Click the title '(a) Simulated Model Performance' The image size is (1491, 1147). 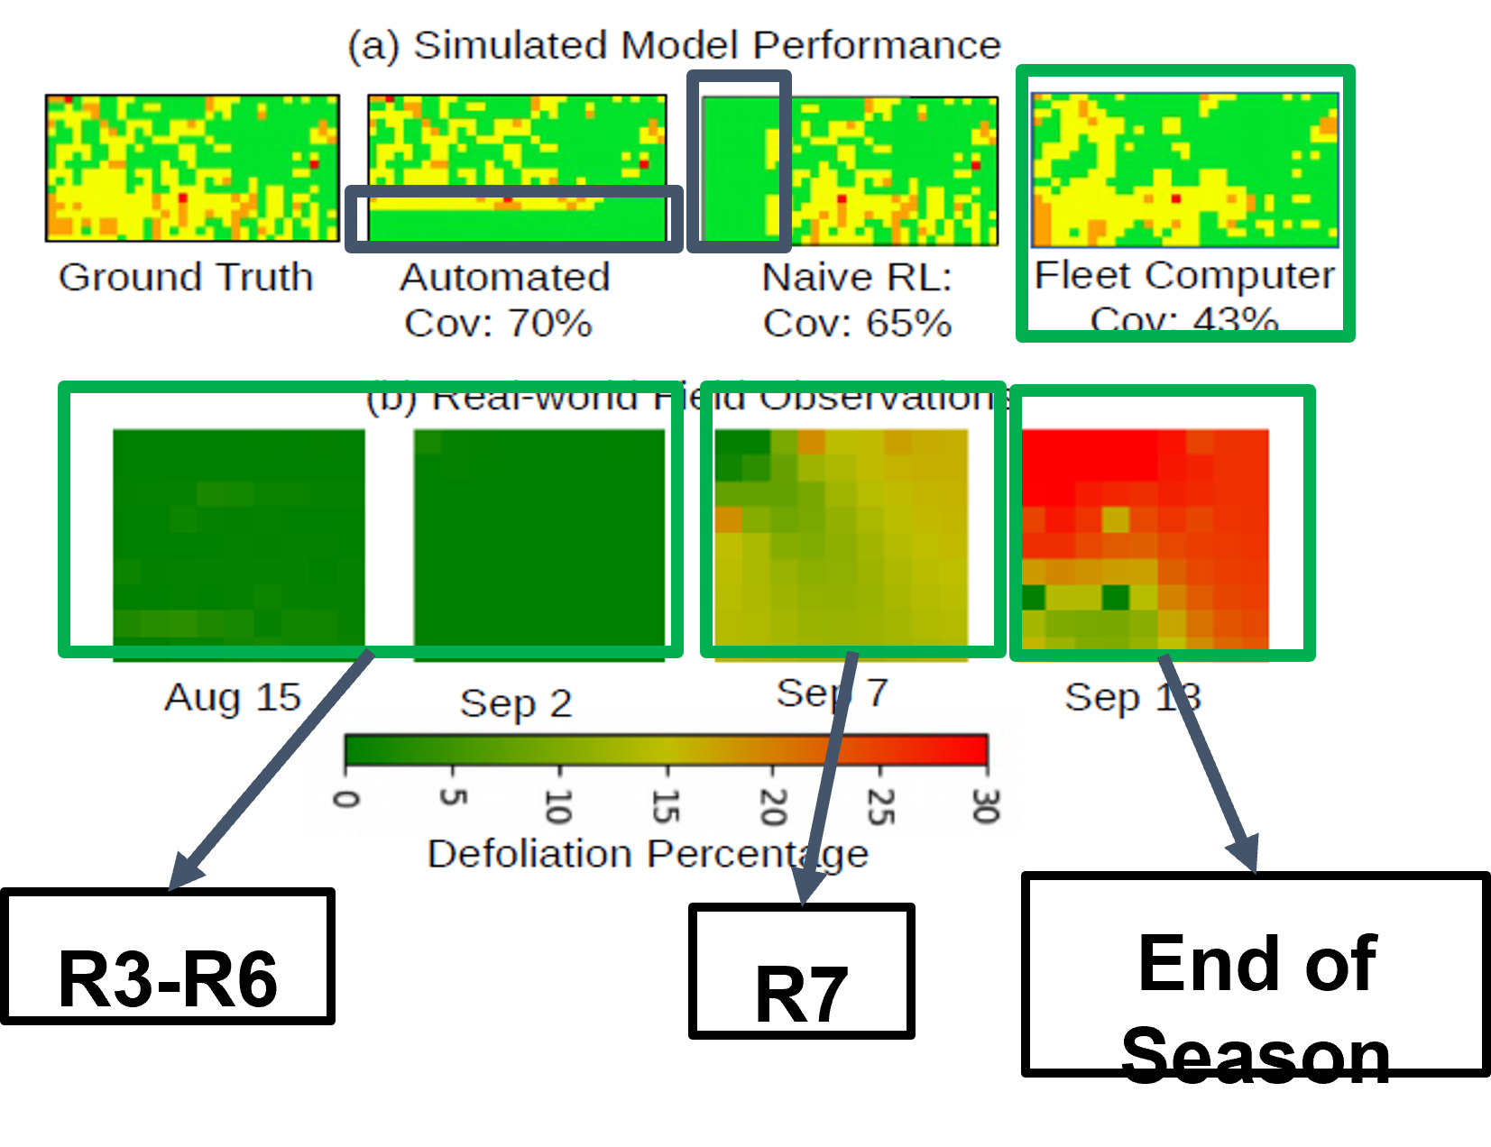675,45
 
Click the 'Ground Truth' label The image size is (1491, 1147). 186,277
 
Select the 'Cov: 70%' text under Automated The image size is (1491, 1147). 498,323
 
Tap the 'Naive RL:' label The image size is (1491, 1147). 857,277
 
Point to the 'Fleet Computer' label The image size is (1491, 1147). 1183,275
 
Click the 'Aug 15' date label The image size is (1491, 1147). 233,697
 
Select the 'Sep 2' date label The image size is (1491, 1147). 516,703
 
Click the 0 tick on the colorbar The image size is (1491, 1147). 346,798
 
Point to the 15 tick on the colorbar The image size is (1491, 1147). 666,805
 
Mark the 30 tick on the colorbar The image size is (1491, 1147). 986,805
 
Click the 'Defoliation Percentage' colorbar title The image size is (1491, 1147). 648,853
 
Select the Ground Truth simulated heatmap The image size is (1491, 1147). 192,168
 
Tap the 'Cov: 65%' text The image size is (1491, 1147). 857,323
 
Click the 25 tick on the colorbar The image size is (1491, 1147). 880,805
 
